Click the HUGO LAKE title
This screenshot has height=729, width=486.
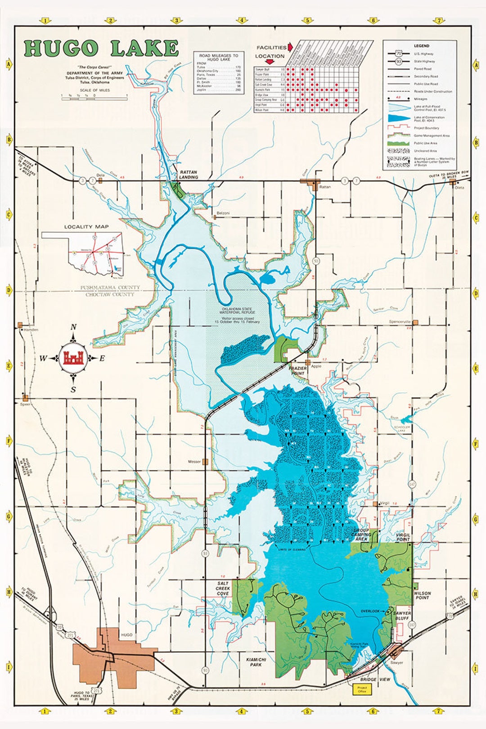[x=101, y=49]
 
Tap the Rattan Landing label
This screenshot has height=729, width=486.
[x=189, y=174]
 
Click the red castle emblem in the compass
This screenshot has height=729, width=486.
[x=73, y=358]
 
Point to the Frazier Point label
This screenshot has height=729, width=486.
[x=298, y=370]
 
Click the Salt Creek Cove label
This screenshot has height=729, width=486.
[x=223, y=588]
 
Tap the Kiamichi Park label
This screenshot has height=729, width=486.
[x=256, y=661]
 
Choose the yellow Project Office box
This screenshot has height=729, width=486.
[x=362, y=689]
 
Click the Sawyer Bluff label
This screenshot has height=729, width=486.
[x=402, y=616]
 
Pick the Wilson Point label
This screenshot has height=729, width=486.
[x=423, y=595]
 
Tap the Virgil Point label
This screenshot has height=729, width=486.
[x=403, y=537]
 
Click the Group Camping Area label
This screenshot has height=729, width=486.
[x=361, y=535]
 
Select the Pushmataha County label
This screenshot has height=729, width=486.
[x=110, y=288]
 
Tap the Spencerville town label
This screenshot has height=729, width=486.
[x=400, y=322]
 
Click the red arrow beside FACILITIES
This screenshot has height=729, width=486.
[x=290, y=47]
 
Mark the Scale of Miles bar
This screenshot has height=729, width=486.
[x=94, y=98]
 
